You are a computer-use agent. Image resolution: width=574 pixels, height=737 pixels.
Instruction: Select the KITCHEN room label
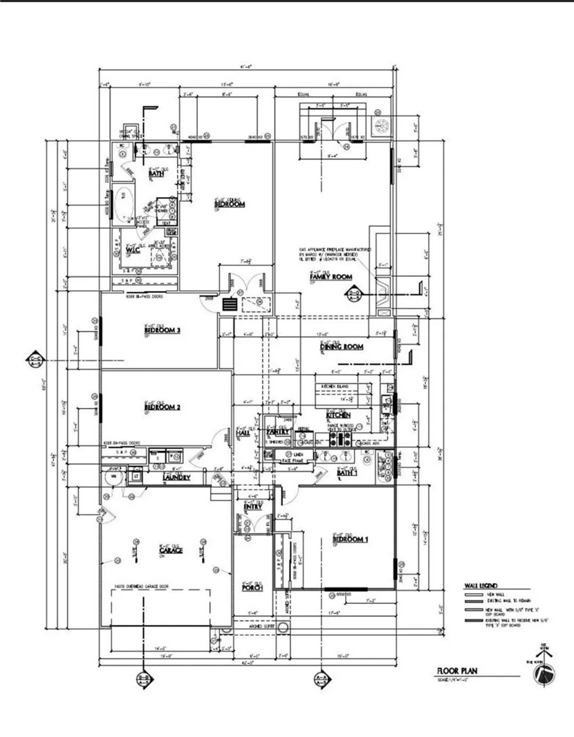[338, 415]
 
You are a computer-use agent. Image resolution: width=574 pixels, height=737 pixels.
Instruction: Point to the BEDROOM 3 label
[162, 331]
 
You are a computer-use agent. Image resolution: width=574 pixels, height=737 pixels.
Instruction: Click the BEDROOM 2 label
[162, 408]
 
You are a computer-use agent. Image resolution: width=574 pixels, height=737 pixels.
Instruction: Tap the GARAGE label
[170, 550]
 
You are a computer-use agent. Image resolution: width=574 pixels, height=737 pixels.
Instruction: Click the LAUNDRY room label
[176, 478]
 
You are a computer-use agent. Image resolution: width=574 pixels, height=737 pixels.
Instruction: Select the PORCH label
[252, 588]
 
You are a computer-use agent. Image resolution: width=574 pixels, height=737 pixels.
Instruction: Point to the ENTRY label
[253, 507]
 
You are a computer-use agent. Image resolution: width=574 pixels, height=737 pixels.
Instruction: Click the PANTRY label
[278, 432]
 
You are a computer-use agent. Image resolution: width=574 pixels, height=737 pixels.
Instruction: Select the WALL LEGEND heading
[480, 586]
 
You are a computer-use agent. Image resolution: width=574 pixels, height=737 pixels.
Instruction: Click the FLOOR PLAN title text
[457, 671]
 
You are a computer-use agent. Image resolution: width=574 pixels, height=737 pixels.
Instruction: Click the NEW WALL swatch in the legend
[474, 594]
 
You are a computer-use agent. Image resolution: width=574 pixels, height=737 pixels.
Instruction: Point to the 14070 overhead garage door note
[141, 587]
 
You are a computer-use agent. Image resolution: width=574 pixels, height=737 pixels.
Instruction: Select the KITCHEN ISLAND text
[335, 387]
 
